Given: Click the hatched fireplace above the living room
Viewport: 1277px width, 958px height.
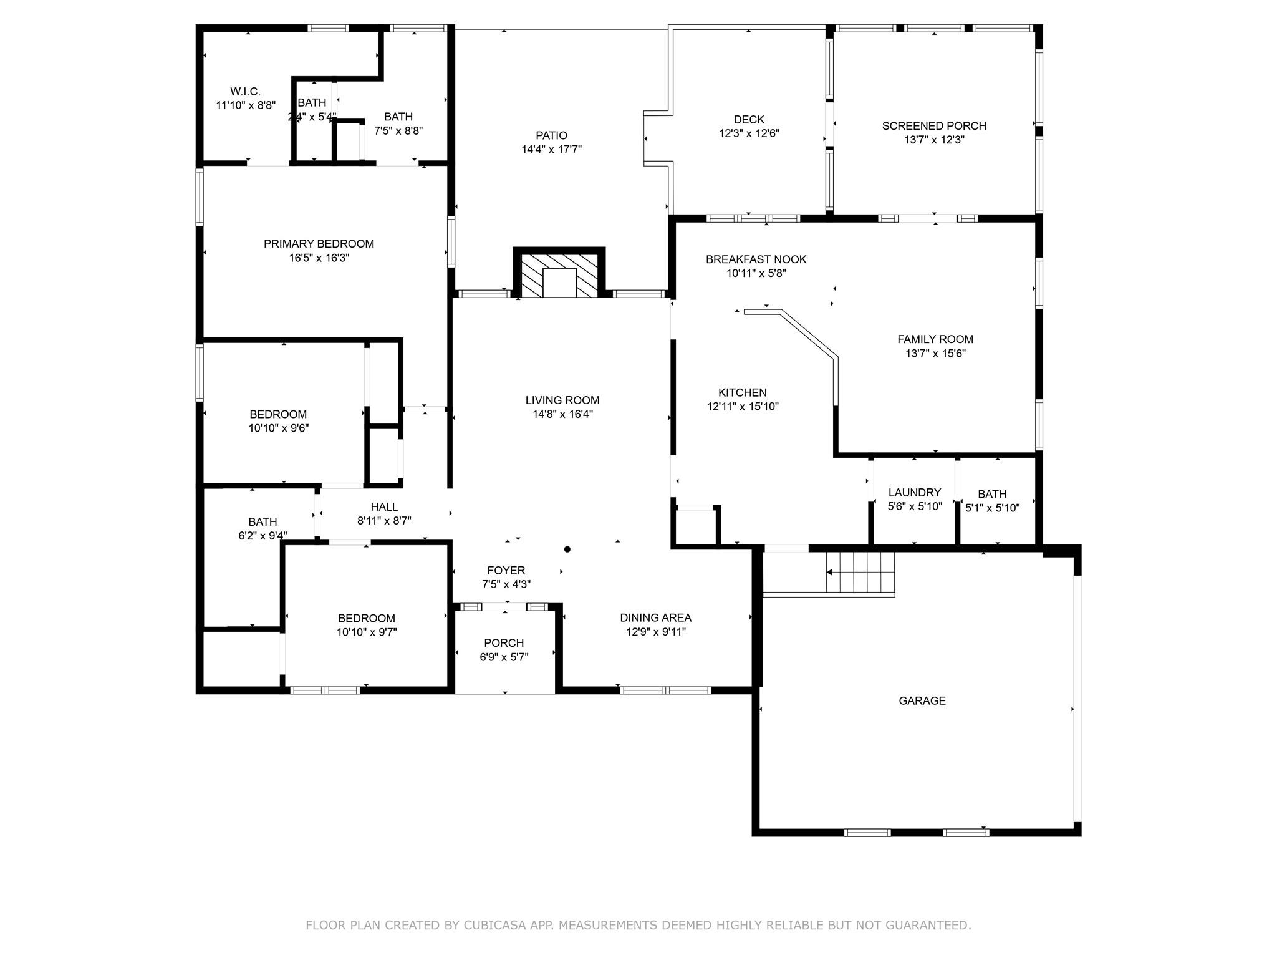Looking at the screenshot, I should point(559,274).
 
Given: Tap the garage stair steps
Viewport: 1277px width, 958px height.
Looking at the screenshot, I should point(860,573).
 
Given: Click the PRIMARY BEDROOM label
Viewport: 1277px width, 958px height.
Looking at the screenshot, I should point(319,244).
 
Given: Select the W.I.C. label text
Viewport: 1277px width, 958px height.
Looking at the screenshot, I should point(245,92).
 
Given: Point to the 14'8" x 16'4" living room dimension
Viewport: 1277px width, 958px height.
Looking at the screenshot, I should point(559,414).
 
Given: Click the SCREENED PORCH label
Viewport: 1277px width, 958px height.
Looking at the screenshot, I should point(933,126).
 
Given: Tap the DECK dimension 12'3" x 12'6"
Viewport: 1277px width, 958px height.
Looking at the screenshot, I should point(749,133).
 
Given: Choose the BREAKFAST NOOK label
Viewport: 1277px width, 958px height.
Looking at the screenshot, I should point(756,259).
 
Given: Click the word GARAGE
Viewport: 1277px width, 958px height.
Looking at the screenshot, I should point(922,701).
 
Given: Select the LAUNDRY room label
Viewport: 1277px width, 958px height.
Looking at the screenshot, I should point(914,493).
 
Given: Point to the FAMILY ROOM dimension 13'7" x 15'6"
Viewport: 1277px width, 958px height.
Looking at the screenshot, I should point(935,354).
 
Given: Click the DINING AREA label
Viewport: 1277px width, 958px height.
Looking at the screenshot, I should point(655,618).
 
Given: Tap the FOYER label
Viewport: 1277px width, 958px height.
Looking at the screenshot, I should point(506,571).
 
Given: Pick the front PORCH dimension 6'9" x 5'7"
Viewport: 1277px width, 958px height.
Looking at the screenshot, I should point(504,657).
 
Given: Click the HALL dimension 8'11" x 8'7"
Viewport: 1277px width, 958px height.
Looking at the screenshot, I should point(384,521).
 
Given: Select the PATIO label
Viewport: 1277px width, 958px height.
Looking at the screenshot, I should point(551,135).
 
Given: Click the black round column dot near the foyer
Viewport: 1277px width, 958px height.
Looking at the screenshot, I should point(567,549).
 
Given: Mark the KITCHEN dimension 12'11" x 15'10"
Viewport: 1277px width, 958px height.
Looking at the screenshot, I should point(742,407).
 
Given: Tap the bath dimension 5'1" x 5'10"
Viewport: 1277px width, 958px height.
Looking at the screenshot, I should point(992,508).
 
